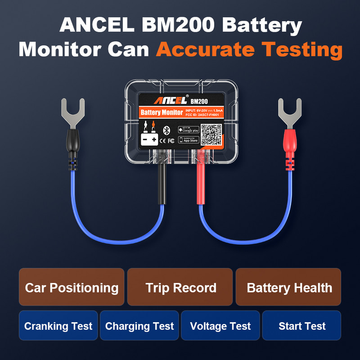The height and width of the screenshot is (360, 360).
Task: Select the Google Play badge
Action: coord(188,130)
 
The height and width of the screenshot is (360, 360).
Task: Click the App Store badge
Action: coord(188,140)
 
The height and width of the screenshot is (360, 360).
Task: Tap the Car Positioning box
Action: coord(72,288)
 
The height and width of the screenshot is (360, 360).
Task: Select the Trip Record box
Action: coord(180,288)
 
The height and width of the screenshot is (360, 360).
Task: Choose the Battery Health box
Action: coord(289,288)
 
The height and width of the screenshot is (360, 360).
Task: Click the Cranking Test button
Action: coord(58,326)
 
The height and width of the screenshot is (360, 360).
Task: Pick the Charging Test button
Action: coord(139,326)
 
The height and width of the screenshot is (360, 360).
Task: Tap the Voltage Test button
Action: coord(220,326)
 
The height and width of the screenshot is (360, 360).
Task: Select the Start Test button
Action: coord(302,326)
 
